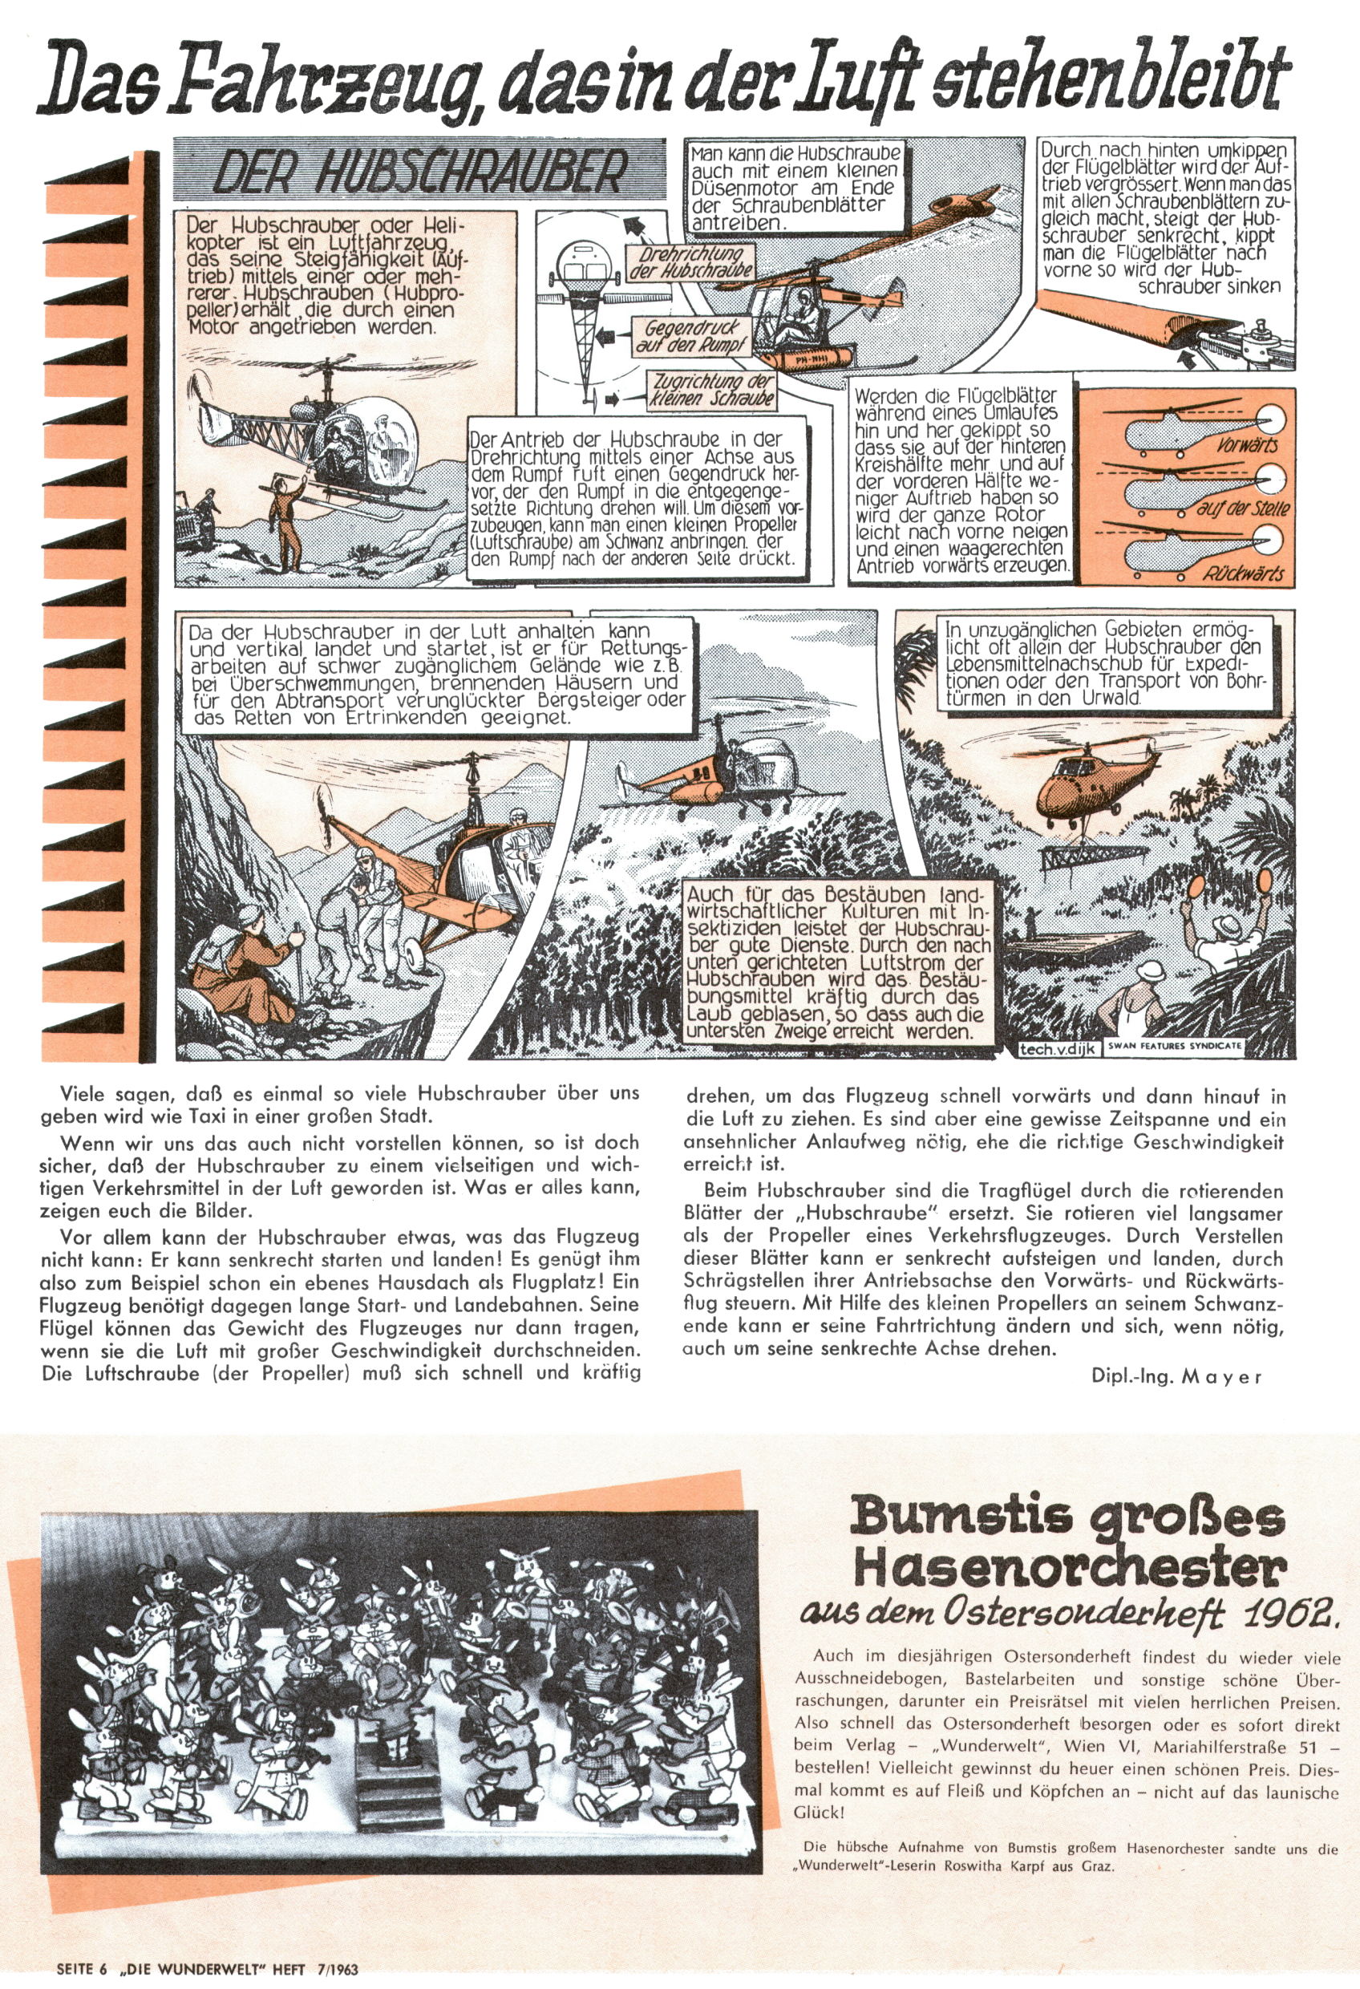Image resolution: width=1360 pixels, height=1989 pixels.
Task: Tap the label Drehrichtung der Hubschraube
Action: (689, 264)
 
